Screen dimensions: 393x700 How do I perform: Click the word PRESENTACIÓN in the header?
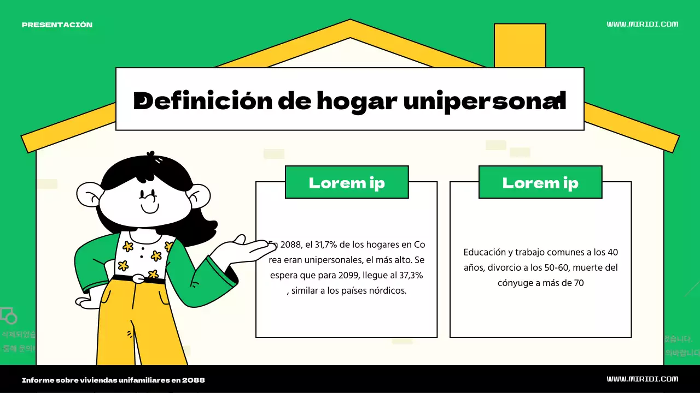point(57,25)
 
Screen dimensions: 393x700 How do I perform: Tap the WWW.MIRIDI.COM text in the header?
point(642,24)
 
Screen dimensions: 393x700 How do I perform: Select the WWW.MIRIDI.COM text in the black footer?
point(642,379)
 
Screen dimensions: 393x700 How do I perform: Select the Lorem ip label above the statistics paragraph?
point(347,182)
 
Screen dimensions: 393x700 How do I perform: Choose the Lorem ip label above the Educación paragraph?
point(540,182)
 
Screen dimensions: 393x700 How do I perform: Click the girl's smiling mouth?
point(149,209)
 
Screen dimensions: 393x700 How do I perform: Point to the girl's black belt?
point(139,279)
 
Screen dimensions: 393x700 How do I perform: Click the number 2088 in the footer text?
point(194,380)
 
